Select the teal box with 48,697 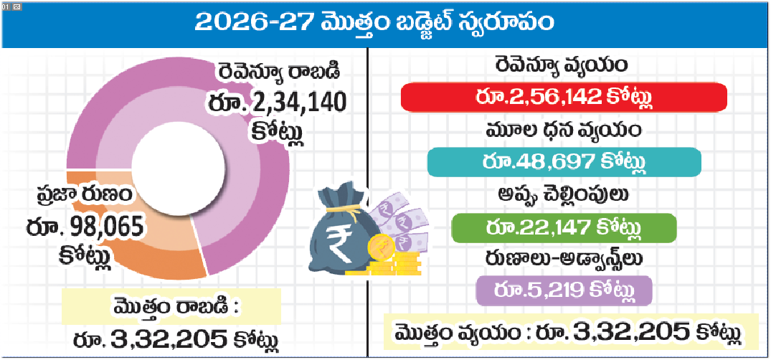coord(564,164)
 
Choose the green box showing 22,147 coord(564,229)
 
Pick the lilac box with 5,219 coord(564,291)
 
